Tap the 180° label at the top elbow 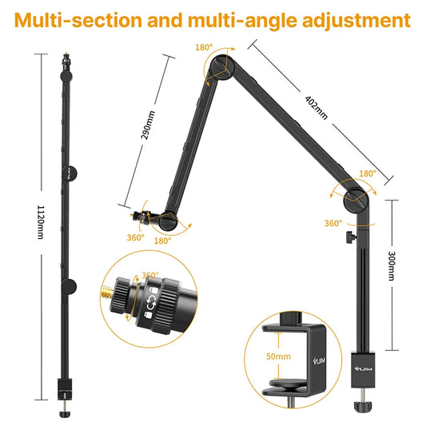coord(204,47)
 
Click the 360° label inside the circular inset coord(149,276)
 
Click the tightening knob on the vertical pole coord(348,237)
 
